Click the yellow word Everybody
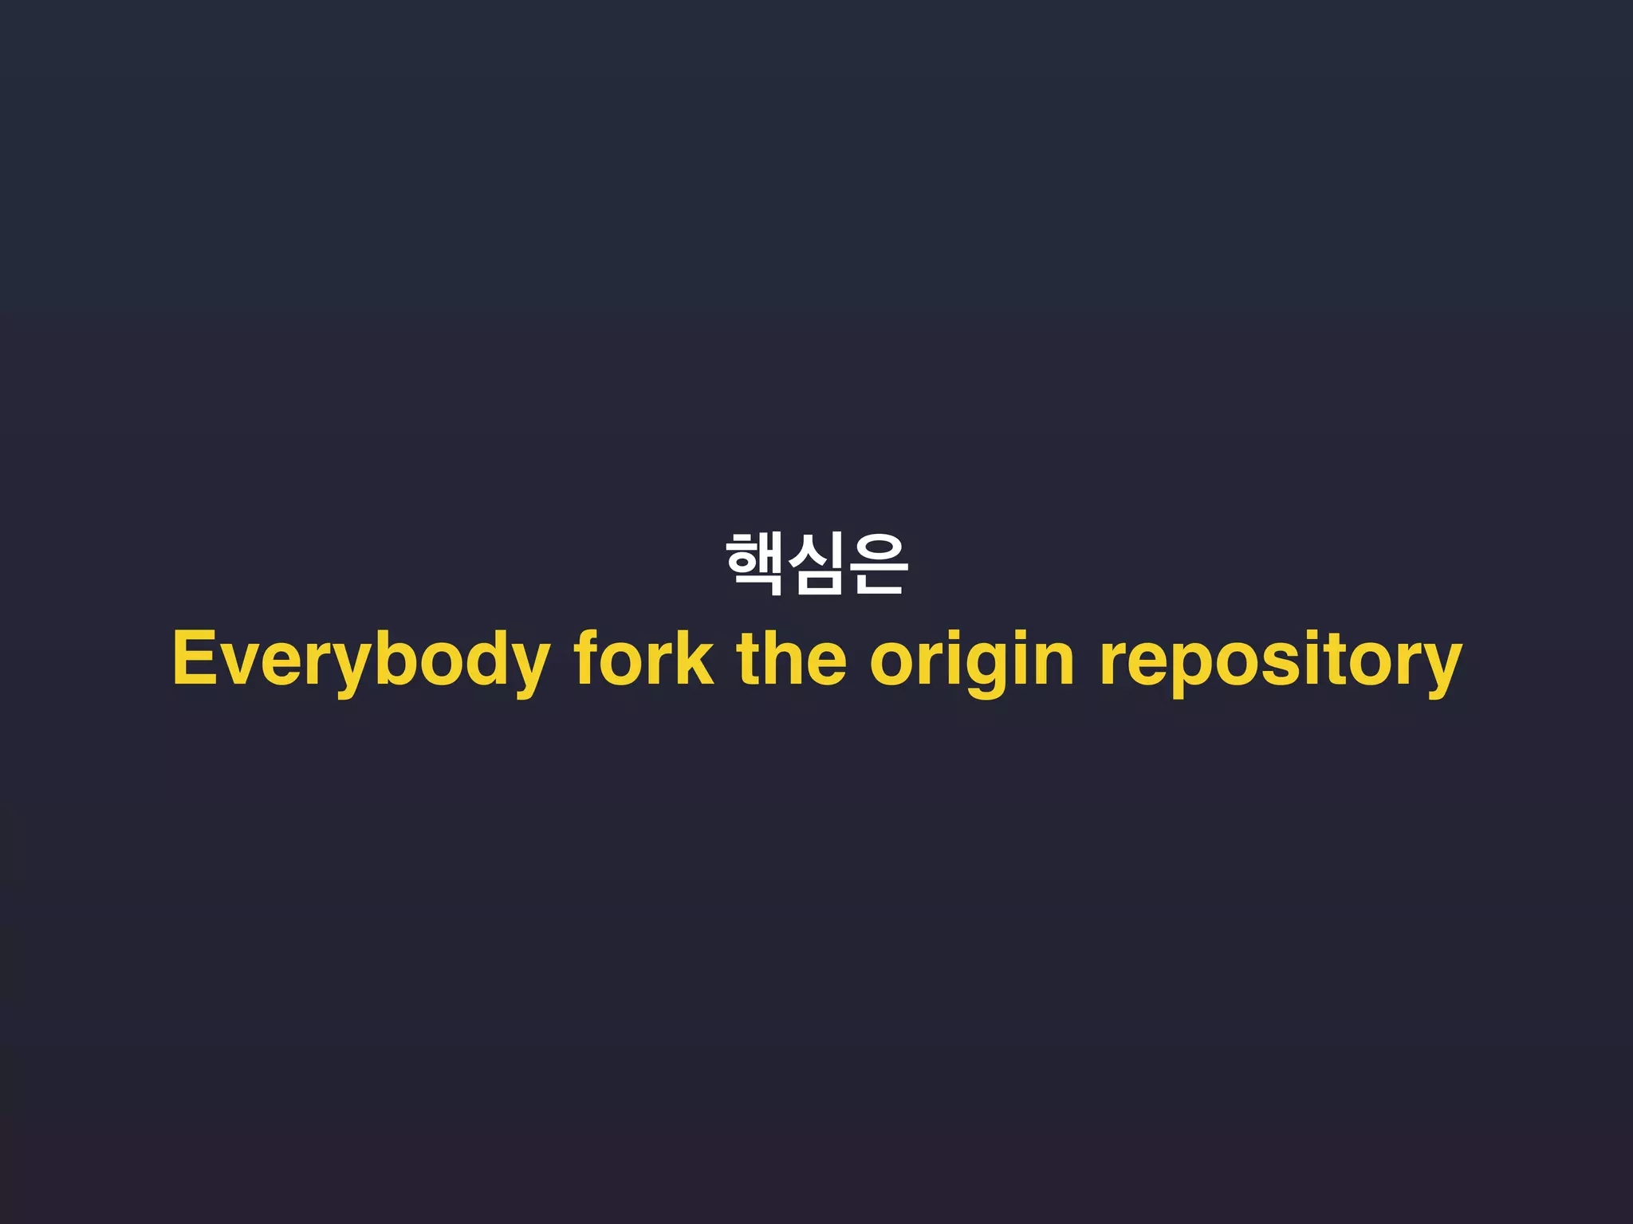[x=360, y=660]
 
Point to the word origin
[x=972, y=660]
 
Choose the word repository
[x=1281, y=660]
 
